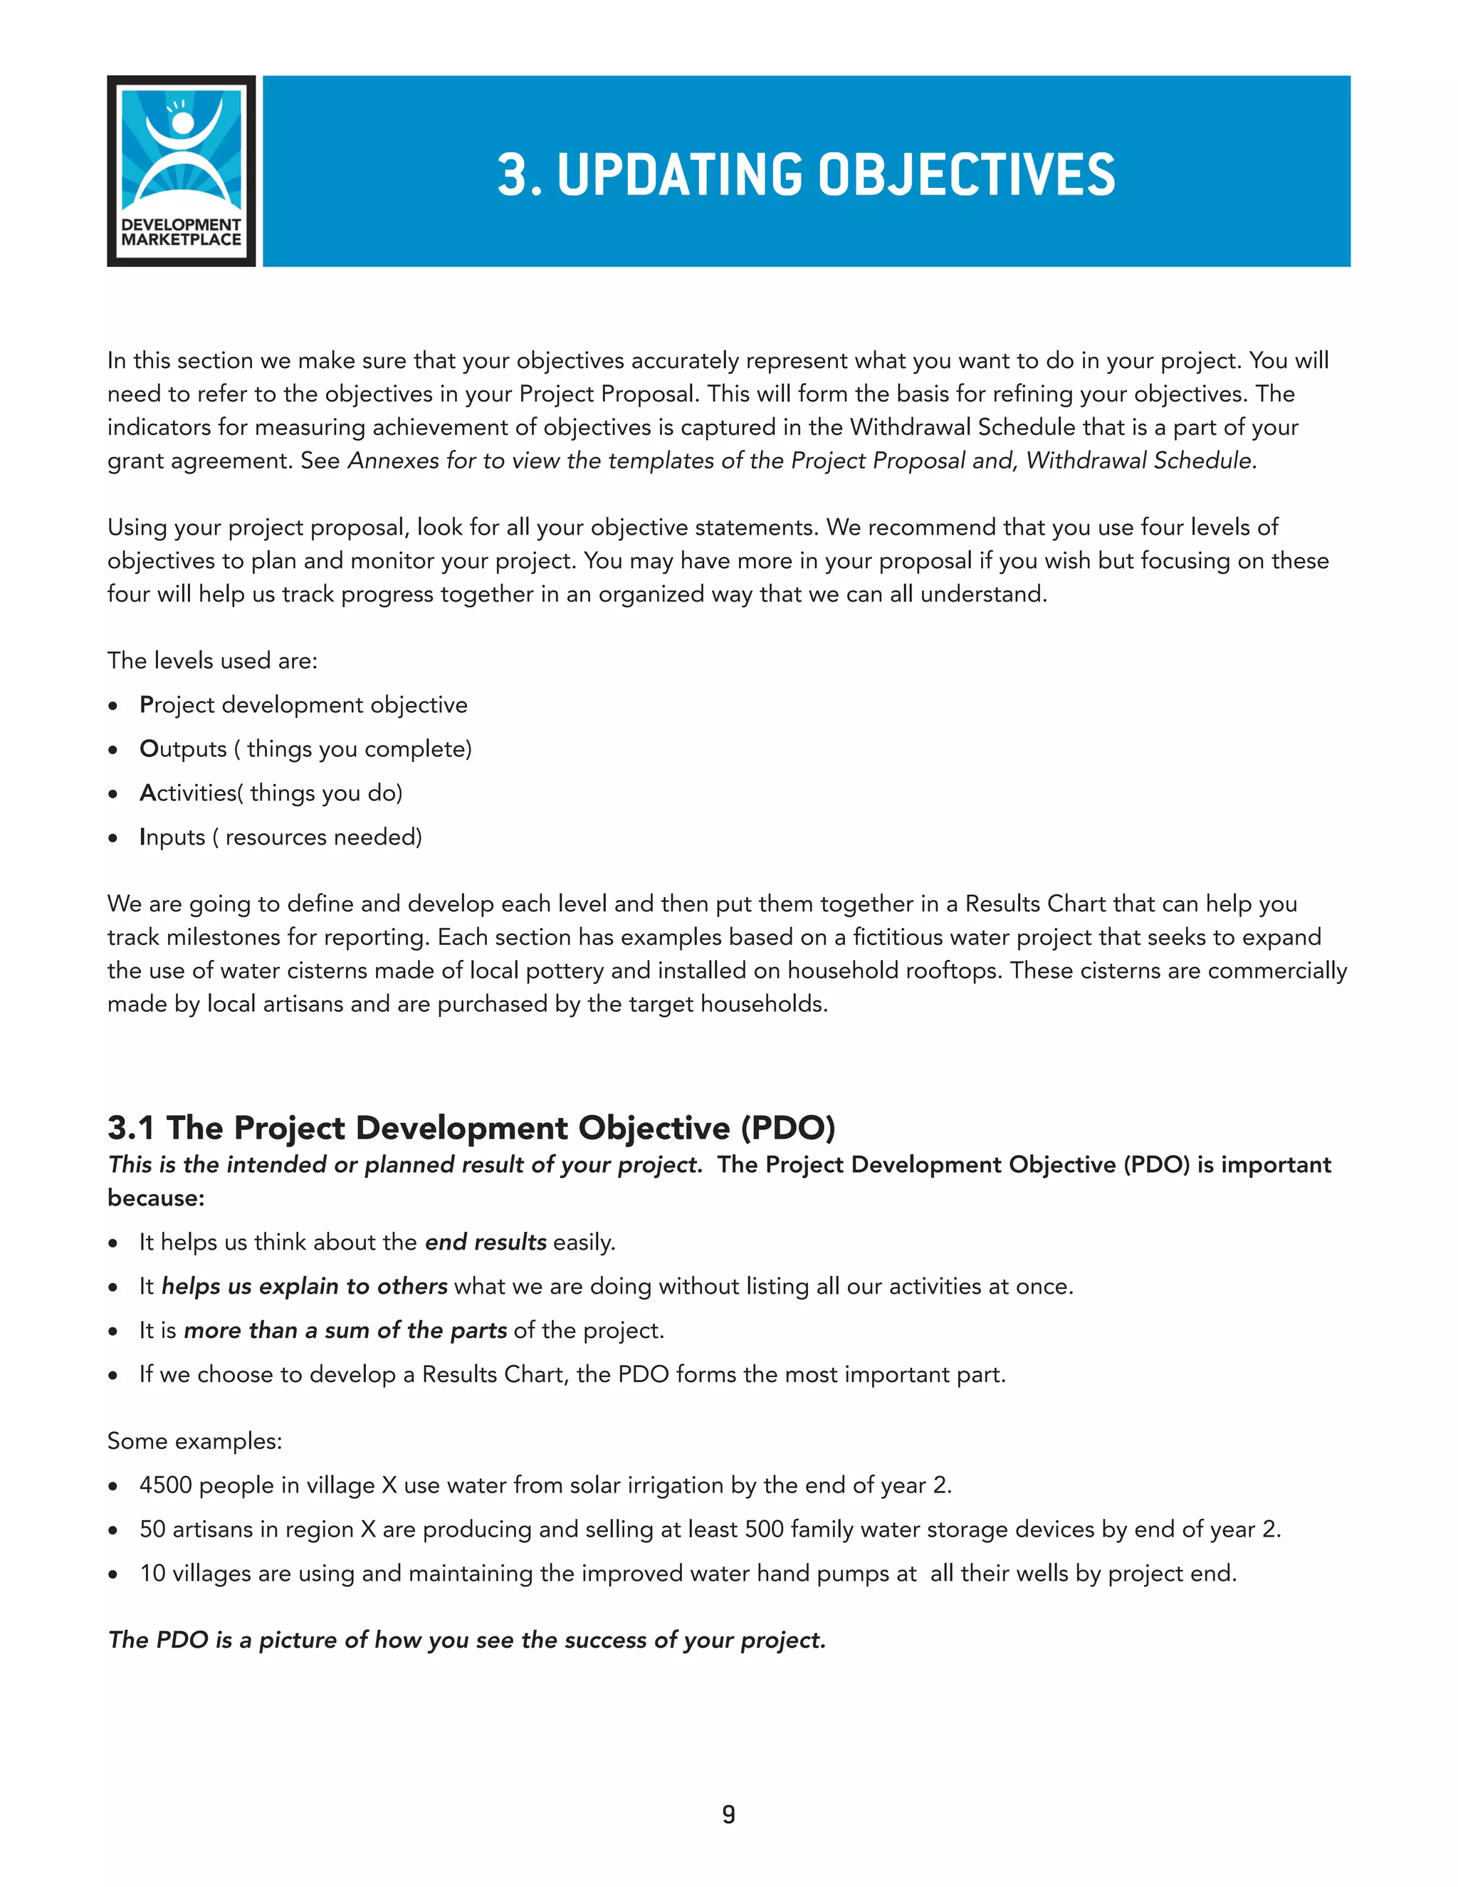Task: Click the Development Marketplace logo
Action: pyautogui.click(x=181, y=171)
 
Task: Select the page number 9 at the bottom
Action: pyautogui.click(x=728, y=1814)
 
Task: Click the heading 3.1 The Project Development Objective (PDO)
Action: pyautogui.click(x=471, y=1127)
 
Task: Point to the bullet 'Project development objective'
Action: pyautogui.click(x=303, y=705)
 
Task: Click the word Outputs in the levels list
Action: pyautogui.click(x=183, y=749)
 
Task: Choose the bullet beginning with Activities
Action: pyautogui.click(x=271, y=793)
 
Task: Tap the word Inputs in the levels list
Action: pyautogui.click(x=172, y=837)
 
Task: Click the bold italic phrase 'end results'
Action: pyautogui.click(x=486, y=1243)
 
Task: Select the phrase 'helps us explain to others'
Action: pyautogui.click(x=304, y=1287)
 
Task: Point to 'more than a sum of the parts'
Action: pyautogui.click(x=345, y=1331)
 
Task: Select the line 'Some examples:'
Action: pyautogui.click(x=194, y=1441)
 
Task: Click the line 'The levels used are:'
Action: pyautogui.click(x=211, y=661)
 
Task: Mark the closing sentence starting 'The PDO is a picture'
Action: pyautogui.click(x=466, y=1640)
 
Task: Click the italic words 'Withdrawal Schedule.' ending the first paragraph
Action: pyautogui.click(x=1140, y=461)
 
